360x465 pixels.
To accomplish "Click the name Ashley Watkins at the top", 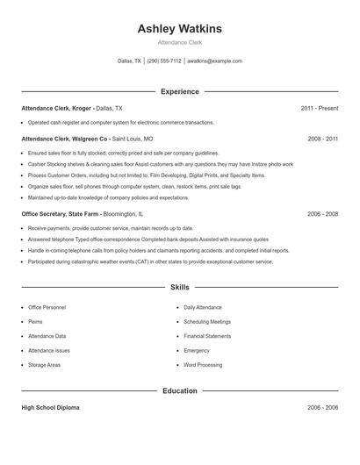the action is tap(179, 29).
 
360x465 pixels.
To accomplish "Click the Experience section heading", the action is tap(179, 91).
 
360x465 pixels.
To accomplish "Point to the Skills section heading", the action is tap(179, 287).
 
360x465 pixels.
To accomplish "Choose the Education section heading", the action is tap(179, 390).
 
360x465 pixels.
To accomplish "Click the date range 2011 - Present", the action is tap(319, 108).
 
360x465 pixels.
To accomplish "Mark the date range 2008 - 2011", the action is tap(322, 139).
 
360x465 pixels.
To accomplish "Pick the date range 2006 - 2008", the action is tap(322, 213).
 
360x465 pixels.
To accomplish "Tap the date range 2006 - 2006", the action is tap(322, 408).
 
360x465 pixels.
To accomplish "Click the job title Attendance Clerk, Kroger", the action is tap(56, 108).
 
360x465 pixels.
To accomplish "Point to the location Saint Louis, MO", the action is tap(133, 139).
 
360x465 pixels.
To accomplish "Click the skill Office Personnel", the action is tap(47, 308).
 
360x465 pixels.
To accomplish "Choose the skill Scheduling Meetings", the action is tap(208, 322).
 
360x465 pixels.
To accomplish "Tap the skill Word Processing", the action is tap(203, 364).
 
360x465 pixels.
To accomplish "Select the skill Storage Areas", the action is tap(44, 364).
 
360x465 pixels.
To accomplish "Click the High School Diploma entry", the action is tap(51, 408).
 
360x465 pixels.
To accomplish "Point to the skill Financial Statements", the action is tap(207, 336).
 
